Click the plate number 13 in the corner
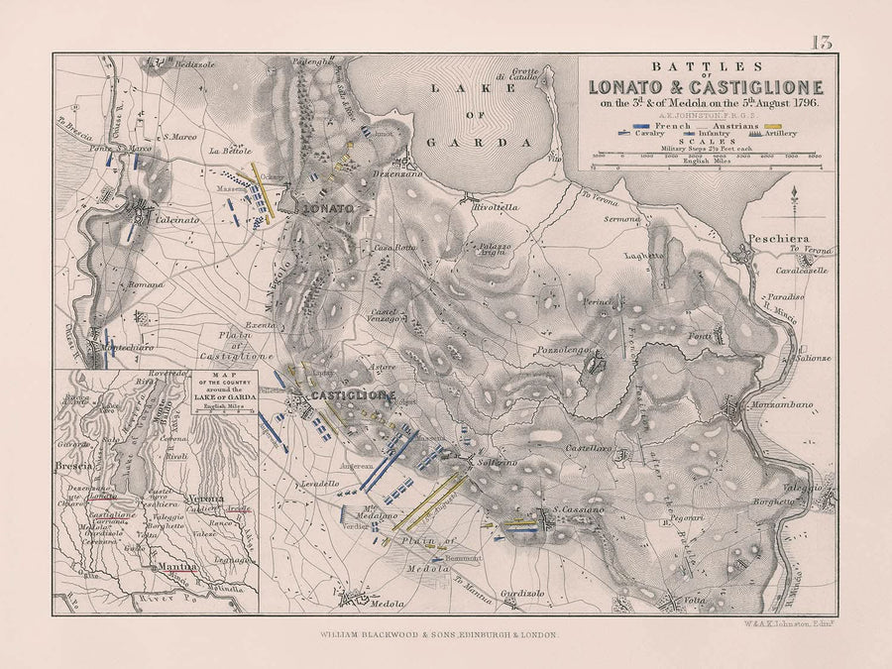pos(821,42)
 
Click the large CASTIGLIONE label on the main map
pos(354,395)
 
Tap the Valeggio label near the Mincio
pos(804,489)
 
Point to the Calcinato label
pos(175,220)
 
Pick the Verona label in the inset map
pos(207,500)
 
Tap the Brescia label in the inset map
pos(74,464)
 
